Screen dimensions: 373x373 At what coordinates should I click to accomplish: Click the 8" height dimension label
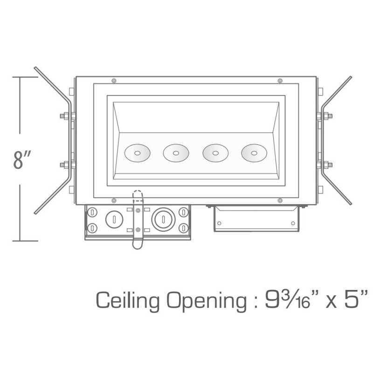click(x=22, y=159)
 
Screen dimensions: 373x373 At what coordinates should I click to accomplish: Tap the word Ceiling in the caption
click(x=127, y=300)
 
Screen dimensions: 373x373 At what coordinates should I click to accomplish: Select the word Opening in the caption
click(x=206, y=300)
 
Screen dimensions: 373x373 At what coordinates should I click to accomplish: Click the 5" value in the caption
click(x=355, y=299)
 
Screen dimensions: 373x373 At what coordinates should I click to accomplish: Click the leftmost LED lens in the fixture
click(x=137, y=153)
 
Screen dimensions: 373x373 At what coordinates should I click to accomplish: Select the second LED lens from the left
click(x=176, y=153)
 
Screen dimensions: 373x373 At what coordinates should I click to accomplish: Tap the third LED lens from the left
click(x=215, y=153)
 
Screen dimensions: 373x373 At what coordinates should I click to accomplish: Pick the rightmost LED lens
click(x=254, y=153)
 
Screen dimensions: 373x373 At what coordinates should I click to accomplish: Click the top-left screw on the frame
click(x=114, y=81)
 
